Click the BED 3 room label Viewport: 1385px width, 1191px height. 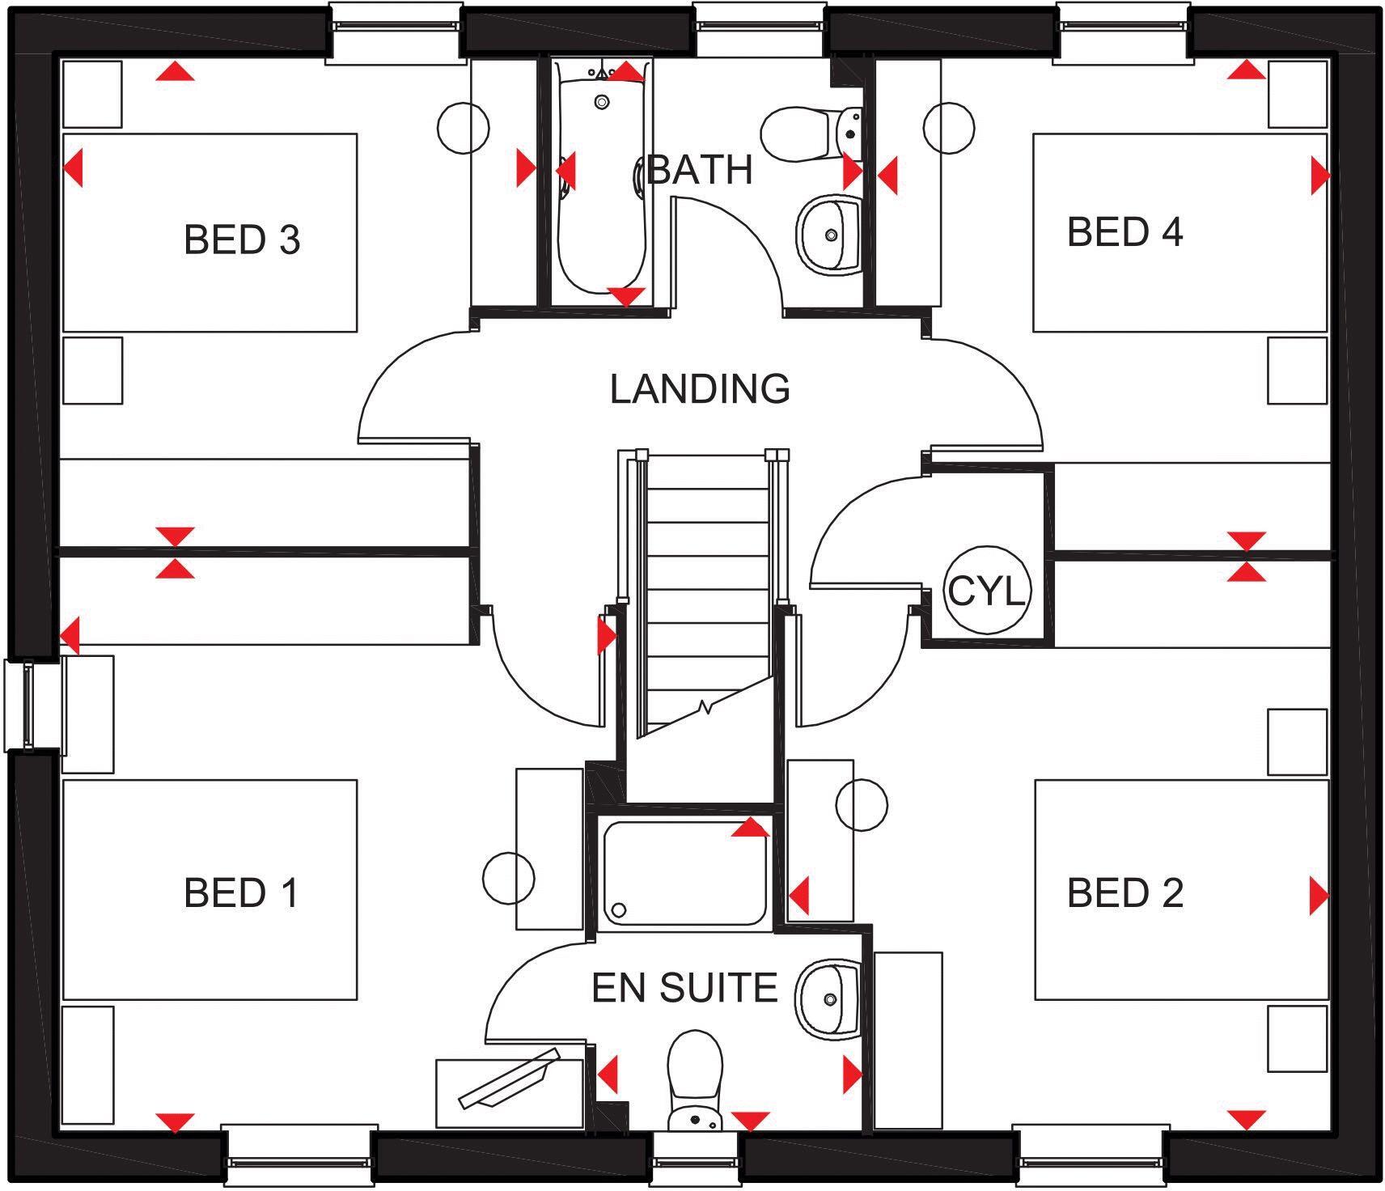coord(242,239)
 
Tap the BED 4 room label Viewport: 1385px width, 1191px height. coord(1125,232)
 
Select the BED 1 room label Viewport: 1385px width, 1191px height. coord(241,892)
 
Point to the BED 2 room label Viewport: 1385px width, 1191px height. coord(1125,892)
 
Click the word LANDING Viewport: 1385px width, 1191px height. coord(699,389)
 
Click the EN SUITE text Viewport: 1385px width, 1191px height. coord(684,988)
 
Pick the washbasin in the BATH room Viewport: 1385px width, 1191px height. coord(828,233)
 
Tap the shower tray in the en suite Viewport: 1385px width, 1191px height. coord(684,872)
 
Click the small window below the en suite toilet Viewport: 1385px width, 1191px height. coord(694,1161)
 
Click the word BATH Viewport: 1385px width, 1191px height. coord(701,170)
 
